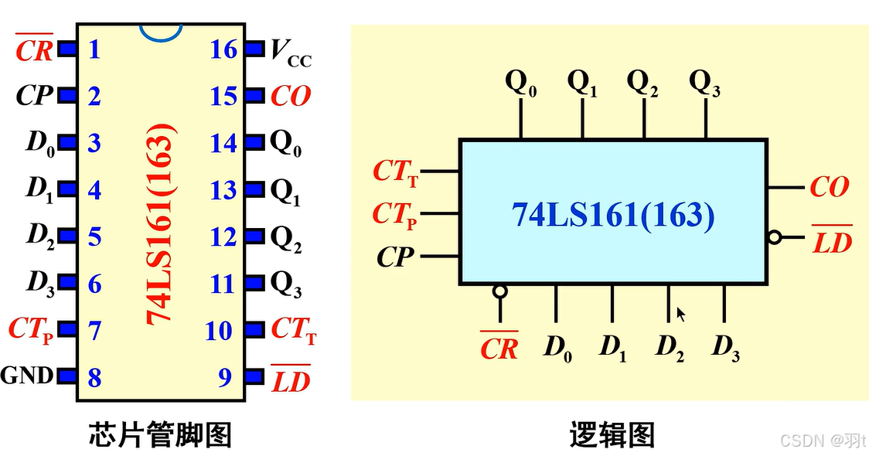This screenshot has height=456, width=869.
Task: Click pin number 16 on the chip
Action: (223, 49)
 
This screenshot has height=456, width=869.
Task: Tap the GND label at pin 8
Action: (27, 376)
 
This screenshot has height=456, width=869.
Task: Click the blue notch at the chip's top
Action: (161, 30)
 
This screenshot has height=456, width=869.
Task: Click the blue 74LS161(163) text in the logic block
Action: (613, 214)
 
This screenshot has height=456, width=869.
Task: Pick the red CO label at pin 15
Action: (291, 96)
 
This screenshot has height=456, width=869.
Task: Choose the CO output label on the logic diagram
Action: (830, 187)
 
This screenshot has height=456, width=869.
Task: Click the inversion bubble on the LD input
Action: (774, 238)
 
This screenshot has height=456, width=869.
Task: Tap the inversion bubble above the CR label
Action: (500, 291)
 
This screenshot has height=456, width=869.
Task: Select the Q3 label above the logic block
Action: (704, 82)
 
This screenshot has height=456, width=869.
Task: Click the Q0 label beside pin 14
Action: (285, 145)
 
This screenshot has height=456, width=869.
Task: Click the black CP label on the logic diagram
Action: (396, 257)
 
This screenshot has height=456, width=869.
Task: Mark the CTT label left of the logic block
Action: (395, 172)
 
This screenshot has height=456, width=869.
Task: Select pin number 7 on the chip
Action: (94, 331)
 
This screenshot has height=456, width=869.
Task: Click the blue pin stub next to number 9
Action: (254, 377)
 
